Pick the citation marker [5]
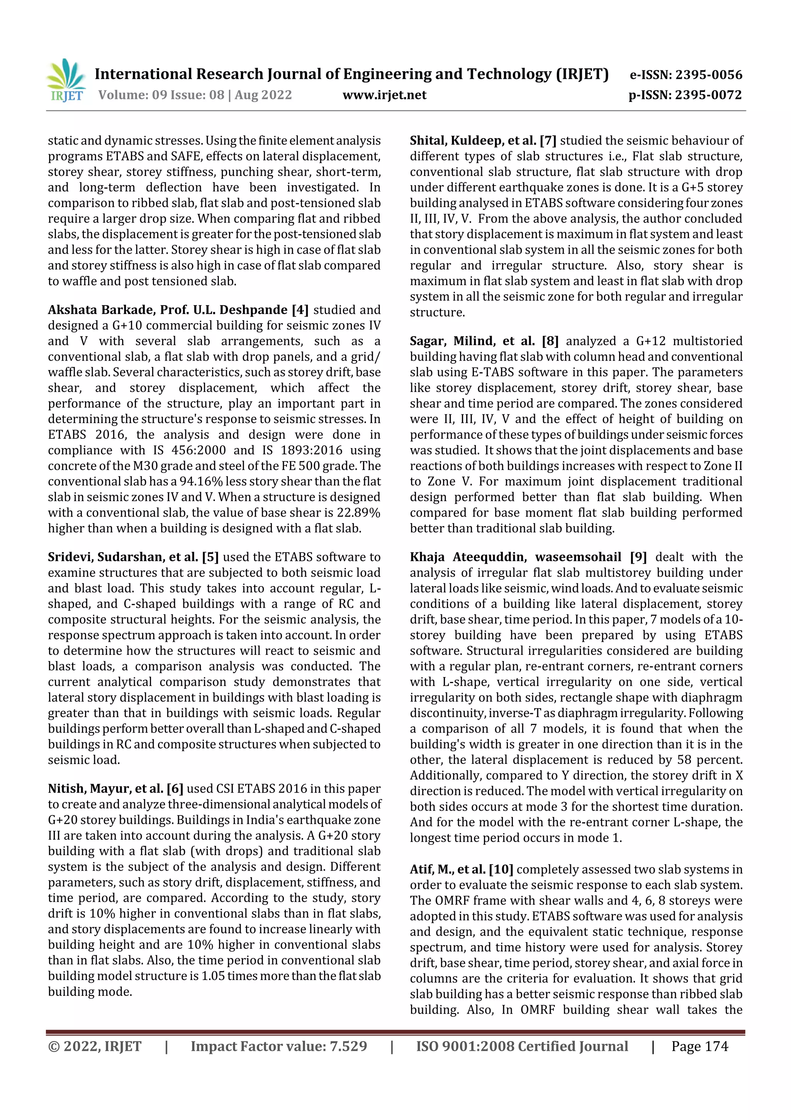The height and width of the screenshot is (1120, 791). (210, 557)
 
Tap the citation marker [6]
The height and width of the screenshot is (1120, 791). (175, 789)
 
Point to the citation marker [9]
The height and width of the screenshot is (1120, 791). (638, 557)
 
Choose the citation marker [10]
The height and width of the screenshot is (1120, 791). (501, 869)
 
